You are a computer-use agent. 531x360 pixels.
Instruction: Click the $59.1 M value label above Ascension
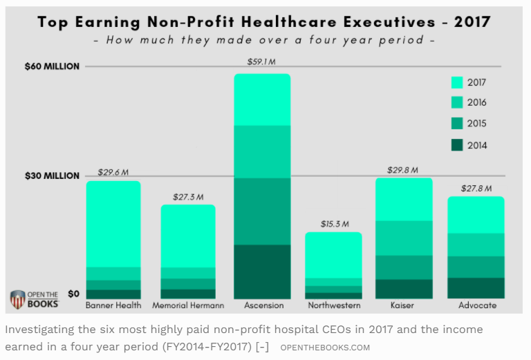[261, 62]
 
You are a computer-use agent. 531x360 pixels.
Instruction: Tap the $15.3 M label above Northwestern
[334, 225]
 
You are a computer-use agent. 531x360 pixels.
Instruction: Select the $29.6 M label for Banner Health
[113, 172]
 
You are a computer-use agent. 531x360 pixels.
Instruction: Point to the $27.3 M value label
[188, 197]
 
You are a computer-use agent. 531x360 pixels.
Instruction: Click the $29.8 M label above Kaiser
[404, 169]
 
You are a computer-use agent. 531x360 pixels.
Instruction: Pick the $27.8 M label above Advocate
[476, 188]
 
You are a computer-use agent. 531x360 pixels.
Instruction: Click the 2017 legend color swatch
[456, 82]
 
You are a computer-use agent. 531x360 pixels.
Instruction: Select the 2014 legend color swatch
[456, 145]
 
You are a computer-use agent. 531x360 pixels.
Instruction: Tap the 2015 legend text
[476, 124]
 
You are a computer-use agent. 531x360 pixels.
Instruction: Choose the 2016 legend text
[476, 103]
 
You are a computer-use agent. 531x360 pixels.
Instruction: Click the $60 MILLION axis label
[53, 66]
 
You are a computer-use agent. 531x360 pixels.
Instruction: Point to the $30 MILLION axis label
[53, 176]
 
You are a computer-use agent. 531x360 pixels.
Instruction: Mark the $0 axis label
[73, 293]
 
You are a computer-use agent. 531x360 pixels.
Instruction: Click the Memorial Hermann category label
[187, 305]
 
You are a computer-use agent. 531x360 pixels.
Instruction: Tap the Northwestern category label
[333, 305]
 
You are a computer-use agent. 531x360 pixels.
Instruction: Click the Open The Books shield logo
[18, 299]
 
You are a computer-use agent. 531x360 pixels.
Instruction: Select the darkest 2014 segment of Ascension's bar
[262, 271]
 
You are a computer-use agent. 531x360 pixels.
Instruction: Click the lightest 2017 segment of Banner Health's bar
[113, 224]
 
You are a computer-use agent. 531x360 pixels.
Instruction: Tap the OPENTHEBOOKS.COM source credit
[325, 347]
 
